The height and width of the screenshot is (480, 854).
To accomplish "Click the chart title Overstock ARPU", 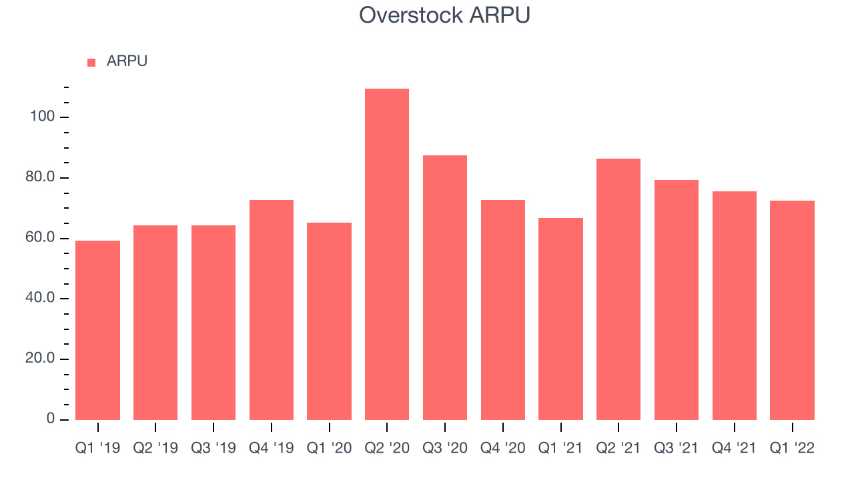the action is tap(444, 15).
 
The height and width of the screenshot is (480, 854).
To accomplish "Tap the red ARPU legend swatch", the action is tap(91, 63).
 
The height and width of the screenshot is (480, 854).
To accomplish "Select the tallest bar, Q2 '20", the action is tap(387, 254).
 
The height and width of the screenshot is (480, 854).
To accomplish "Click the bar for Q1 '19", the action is tap(97, 330).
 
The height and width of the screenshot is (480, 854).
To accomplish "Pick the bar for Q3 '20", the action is tap(445, 287).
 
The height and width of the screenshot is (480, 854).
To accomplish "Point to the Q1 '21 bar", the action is tap(561, 319).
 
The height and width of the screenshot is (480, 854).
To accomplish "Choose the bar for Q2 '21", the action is tap(618, 289).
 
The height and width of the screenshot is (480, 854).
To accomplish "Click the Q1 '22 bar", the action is tap(792, 310).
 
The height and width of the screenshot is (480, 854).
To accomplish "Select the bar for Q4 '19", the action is tap(272, 310).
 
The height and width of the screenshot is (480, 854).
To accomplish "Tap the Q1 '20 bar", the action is tap(329, 321).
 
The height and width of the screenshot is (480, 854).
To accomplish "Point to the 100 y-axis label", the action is tap(42, 116).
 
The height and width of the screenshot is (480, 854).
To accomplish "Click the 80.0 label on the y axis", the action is tap(40, 177).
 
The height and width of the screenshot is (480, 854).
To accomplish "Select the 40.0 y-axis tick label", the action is tap(40, 297).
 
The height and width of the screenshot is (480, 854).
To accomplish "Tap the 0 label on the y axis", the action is tap(50, 419).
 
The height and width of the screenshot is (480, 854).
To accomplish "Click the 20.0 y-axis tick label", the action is tap(40, 358).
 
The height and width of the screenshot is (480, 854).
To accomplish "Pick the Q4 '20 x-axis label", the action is tap(503, 448).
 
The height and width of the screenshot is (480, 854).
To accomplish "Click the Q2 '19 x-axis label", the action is tap(155, 448).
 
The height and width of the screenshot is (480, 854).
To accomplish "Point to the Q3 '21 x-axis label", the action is tap(677, 448).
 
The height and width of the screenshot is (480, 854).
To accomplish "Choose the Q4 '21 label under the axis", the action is tap(735, 448).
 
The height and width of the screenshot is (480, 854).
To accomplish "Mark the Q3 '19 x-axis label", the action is tap(213, 448).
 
